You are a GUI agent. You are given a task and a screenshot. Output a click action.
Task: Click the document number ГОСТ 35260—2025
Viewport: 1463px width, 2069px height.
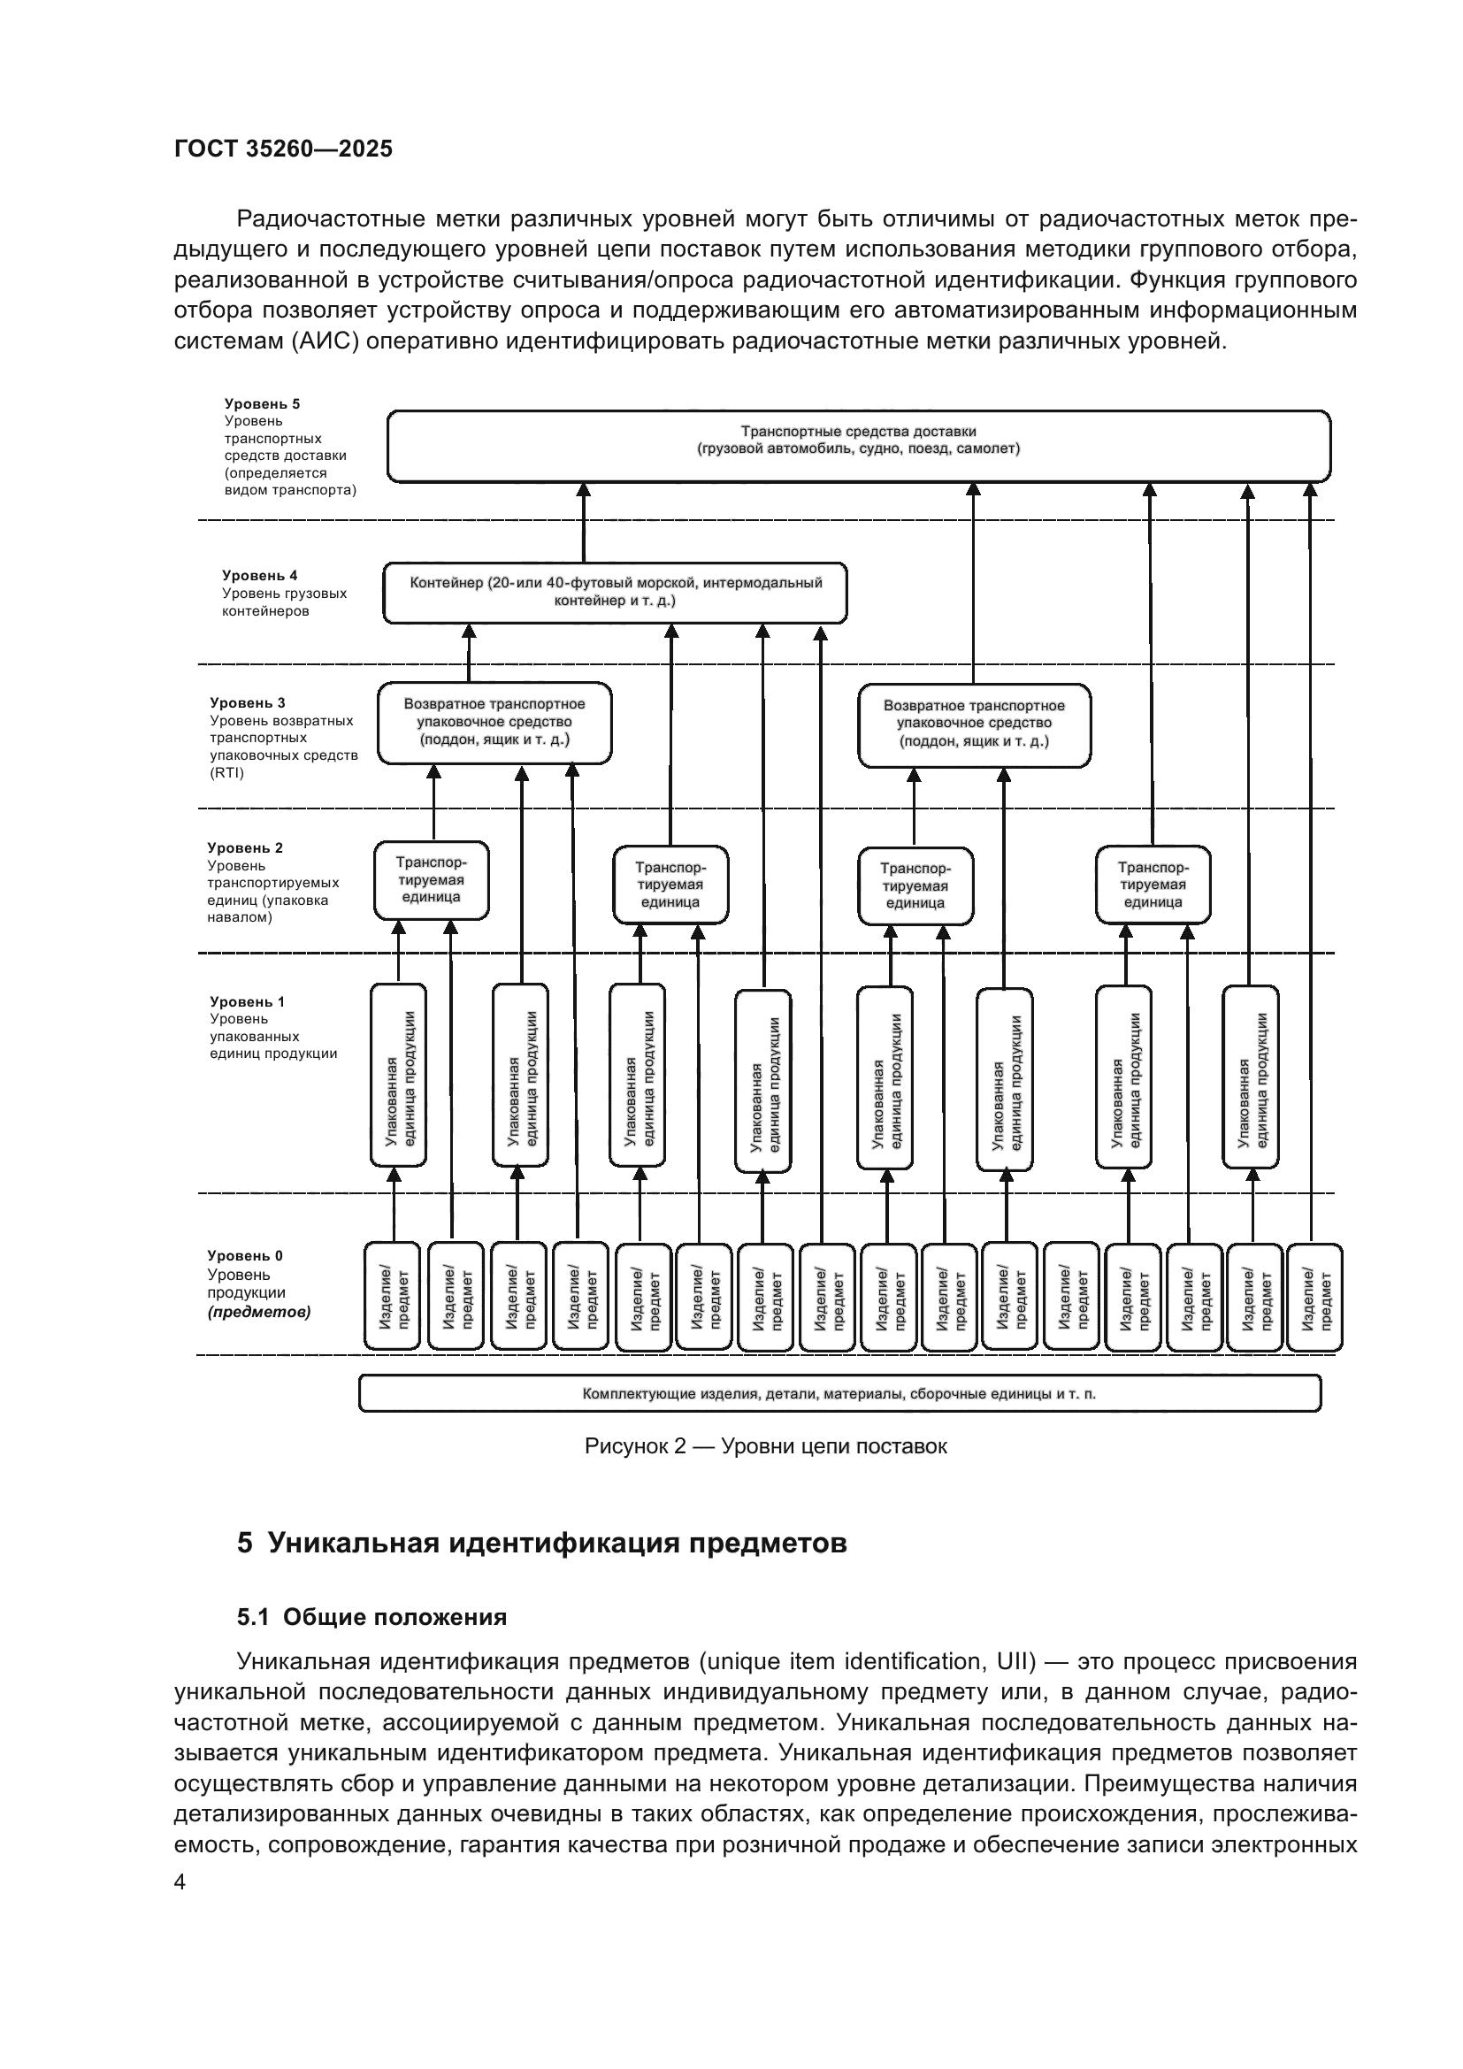(283, 149)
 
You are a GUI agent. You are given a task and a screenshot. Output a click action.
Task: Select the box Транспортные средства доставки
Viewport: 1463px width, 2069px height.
(858, 445)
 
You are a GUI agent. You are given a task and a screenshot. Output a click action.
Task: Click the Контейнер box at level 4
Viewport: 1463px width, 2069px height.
(615, 592)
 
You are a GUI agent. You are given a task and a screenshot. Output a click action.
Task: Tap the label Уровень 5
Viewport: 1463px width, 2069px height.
(262, 403)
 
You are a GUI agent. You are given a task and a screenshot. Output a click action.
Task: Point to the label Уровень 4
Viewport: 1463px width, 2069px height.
(259, 575)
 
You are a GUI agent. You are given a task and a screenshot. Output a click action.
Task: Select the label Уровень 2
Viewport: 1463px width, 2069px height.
(245, 847)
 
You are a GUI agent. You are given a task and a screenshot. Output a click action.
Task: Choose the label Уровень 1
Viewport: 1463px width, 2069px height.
(247, 1001)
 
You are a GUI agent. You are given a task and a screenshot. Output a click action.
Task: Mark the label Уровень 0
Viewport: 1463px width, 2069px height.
(245, 1255)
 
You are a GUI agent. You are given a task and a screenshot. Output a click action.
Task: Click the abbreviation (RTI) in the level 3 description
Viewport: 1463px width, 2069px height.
(227, 772)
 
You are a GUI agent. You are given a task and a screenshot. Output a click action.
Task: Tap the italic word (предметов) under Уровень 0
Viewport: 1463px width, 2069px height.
(259, 1312)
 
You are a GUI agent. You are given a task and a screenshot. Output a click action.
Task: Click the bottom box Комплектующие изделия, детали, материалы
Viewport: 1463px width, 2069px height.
(839, 1393)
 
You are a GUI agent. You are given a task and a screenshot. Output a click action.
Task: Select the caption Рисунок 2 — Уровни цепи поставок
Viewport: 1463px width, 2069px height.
(766, 1446)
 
